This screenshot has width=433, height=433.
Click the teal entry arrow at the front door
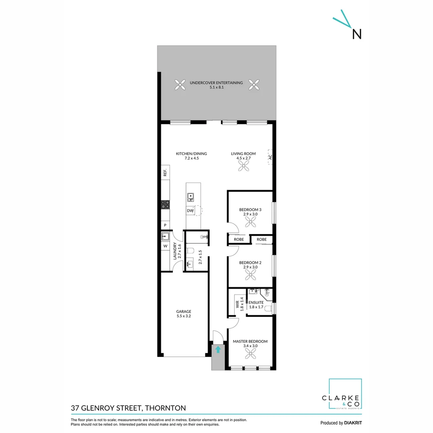(x=218, y=350)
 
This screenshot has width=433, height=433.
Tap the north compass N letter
(x=356, y=34)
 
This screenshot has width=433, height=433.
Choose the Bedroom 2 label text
(x=250, y=263)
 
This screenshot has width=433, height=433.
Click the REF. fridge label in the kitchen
(x=165, y=173)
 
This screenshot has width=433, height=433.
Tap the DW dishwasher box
(x=190, y=211)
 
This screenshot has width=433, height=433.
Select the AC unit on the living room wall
(x=270, y=157)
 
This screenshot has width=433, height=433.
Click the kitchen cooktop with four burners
(x=165, y=204)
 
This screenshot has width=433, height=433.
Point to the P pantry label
(x=165, y=225)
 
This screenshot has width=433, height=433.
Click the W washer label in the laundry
(x=165, y=246)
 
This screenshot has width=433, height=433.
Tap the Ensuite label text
(x=256, y=302)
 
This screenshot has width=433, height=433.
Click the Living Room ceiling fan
(x=243, y=168)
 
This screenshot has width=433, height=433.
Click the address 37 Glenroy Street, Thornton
(x=128, y=408)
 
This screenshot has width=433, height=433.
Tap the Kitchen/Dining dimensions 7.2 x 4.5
(x=191, y=158)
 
